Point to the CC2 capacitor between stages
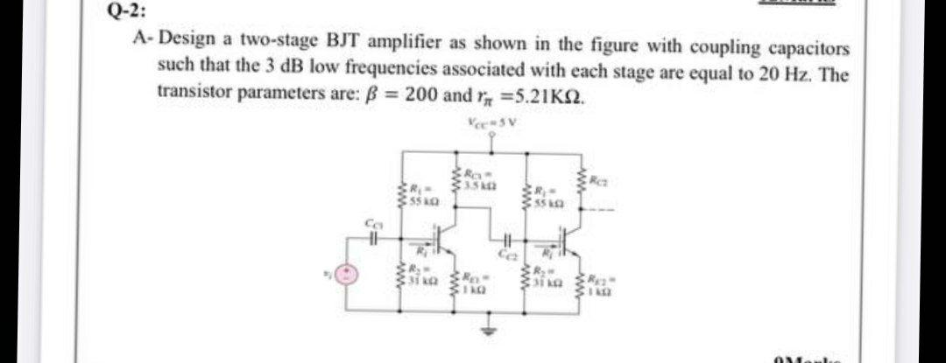(507, 244)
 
